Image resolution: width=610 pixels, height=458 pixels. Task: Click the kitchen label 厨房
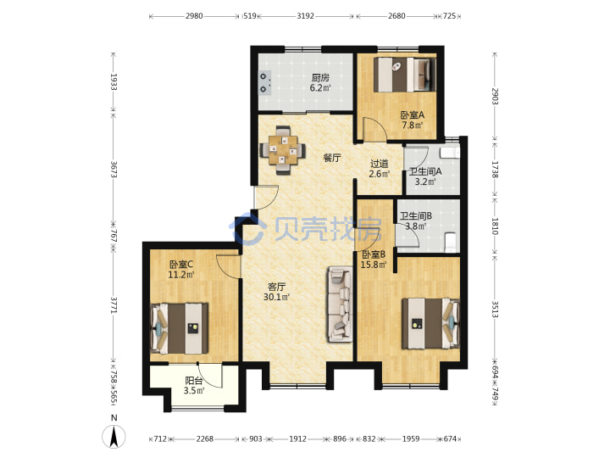pyautogui.click(x=320, y=78)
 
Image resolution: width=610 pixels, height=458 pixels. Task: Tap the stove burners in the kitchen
pyautogui.click(x=265, y=82)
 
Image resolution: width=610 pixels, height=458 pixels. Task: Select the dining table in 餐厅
pyautogui.click(x=283, y=149)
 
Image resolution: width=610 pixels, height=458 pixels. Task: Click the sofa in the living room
pyautogui.click(x=340, y=304)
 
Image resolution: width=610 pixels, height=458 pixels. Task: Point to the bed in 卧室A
pyautogui.click(x=405, y=75)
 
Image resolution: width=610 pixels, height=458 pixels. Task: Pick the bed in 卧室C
pyautogui.click(x=180, y=328)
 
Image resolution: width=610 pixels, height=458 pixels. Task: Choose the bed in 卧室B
pyautogui.click(x=430, y=323)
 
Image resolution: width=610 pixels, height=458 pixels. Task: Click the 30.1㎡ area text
pyautogui.click(x=276, y=297)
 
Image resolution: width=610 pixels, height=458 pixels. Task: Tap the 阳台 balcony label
pyautogui.click(x=193, y=381)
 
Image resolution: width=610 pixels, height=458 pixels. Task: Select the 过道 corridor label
pyautogui.click(x=380, y=164)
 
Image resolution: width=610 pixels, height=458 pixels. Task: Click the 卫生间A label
pyautogui.click(x=424, y=171)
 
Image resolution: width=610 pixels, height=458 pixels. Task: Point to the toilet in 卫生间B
pyautogui.click(x=451, y=243)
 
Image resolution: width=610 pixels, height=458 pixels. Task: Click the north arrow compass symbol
pyautogui.click(x=114, y=437)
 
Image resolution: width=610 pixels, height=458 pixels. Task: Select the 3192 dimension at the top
pyautogui.click(x=305, y=16)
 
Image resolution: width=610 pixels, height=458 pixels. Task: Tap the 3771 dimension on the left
pyautogui.click(x=114, y=305)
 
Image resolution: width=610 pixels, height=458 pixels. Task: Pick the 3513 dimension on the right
pyautogui.click(x=495, y=309)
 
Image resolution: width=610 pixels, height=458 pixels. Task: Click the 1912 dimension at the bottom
pyautogui.click(x=297, y=439)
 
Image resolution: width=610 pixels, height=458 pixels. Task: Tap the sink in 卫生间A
pyautogui.click(x=450, y=152)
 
